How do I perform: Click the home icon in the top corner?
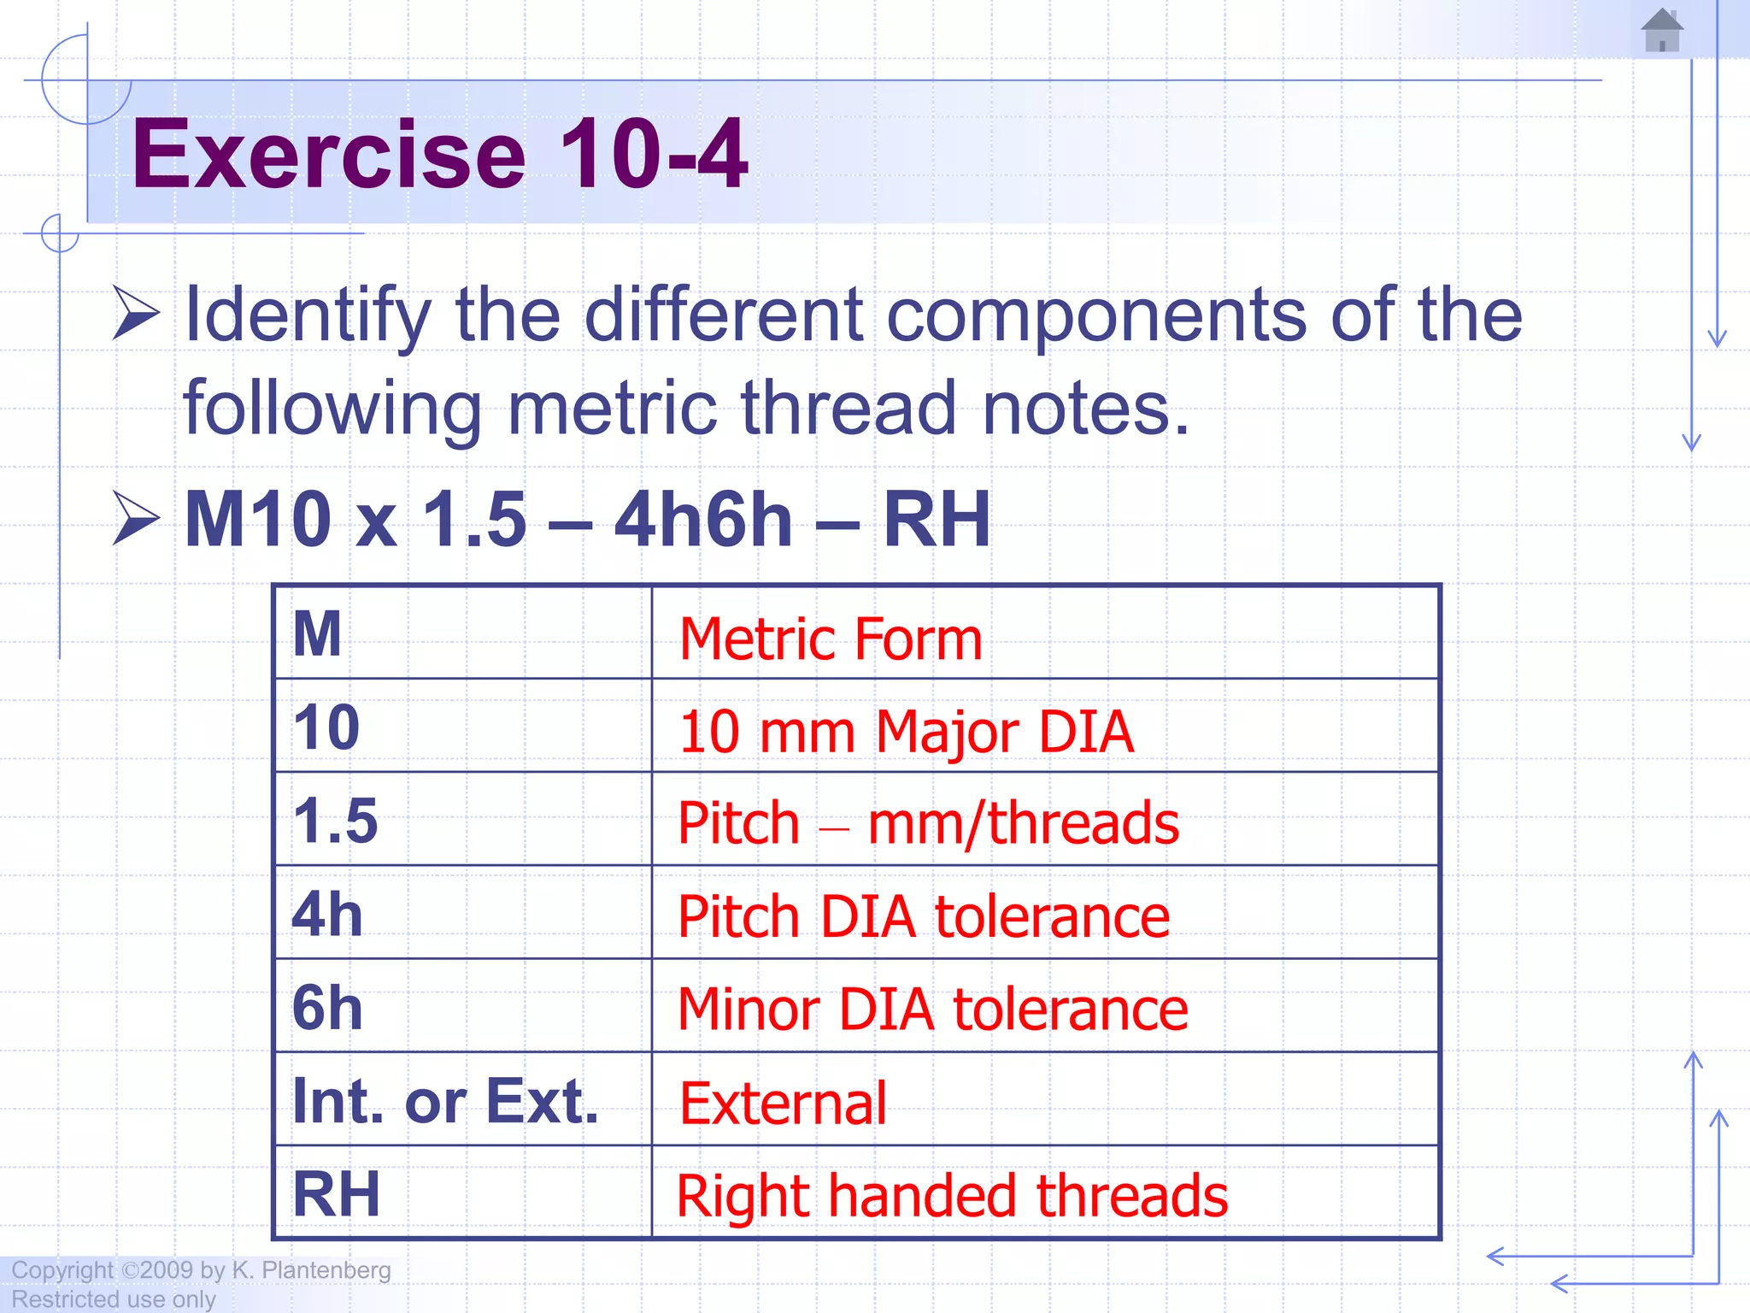(x=1662, y=31)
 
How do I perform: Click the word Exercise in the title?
(x=328, y=155)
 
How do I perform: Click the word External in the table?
(x=783, y=1104)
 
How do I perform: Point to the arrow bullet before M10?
(x=136, y=519)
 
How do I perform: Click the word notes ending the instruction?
(x=1085, y=409)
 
